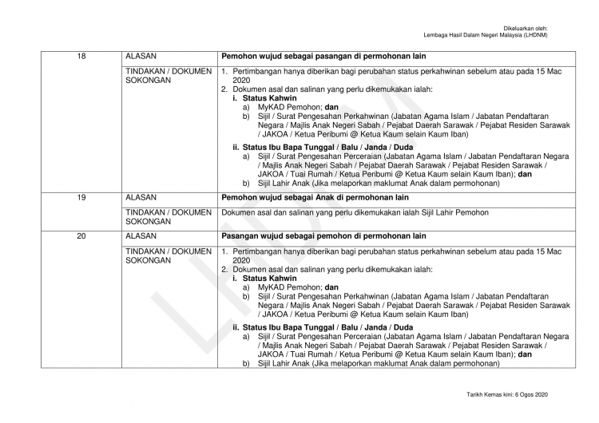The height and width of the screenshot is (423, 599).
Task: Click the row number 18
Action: coord(81,57)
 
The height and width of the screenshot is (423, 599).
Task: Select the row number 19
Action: coord(81,196)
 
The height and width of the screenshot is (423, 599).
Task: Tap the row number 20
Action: coord(81,236)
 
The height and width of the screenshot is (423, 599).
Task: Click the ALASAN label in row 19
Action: coord(141,196)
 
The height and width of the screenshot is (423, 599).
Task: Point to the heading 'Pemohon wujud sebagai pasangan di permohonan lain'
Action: coord(324,57)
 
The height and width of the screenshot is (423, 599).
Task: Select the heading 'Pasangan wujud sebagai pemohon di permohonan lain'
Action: coord(324,236)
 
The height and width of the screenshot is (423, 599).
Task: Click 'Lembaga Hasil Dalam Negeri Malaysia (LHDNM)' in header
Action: coord(497,36)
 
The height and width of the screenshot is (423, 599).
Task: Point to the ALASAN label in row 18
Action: coord(141,57)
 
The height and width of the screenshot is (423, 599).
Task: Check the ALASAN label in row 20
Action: coord(141,236)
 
